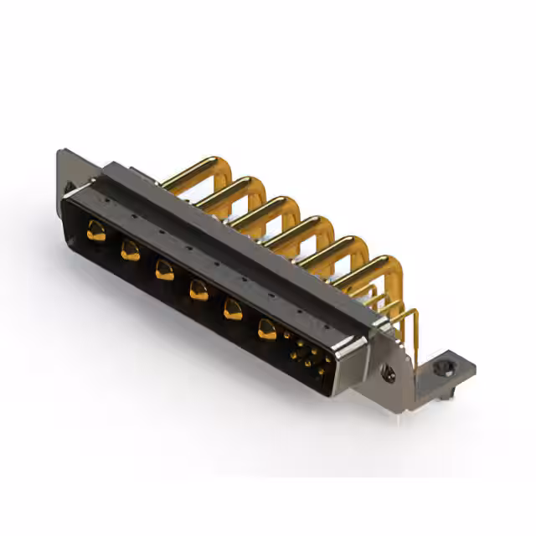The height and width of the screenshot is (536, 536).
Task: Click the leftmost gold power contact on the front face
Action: [x=96, y=233]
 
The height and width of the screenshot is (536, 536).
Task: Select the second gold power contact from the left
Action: [x=130, y=250]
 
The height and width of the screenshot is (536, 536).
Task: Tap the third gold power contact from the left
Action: [x=164, y=270]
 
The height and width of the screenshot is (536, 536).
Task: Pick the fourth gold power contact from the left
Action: [x=198, y=290]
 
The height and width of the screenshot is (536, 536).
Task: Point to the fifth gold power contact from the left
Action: [x=232, y=310]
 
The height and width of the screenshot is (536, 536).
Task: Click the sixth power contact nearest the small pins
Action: [x=267, y=329]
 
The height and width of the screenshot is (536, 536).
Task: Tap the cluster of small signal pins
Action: [x=307, y=355]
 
